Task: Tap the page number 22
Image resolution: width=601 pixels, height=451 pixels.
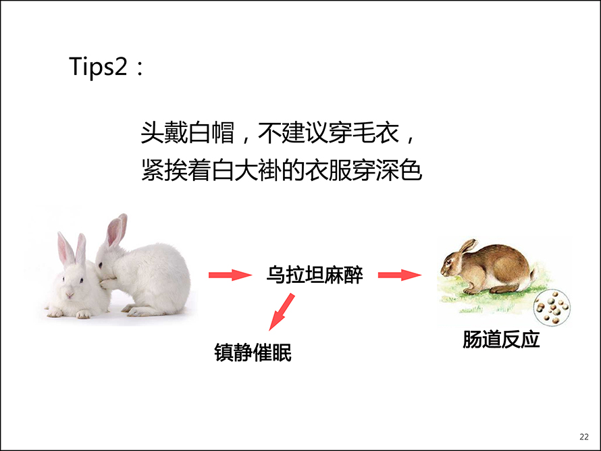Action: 583,437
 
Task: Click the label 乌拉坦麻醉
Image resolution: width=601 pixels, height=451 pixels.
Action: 314,275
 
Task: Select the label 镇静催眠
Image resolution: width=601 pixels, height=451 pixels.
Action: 253,352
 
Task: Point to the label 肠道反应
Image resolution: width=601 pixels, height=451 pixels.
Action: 501,340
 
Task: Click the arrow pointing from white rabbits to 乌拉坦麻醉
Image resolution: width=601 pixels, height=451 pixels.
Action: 230,275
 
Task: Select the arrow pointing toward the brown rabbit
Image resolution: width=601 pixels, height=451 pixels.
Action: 400,275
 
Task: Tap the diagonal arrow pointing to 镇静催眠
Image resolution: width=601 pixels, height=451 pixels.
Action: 282,311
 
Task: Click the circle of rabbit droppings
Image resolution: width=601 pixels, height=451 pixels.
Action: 552,307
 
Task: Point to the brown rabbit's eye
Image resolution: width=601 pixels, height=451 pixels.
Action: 449,262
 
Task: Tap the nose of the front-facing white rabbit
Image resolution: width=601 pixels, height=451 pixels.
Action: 70,294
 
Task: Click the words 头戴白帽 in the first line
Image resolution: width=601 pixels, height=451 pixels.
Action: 188,133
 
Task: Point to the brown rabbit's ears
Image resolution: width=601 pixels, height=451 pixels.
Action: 468,246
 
